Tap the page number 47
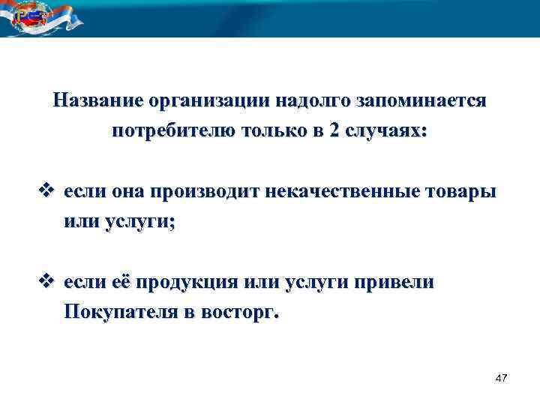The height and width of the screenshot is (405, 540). tap(502, 379)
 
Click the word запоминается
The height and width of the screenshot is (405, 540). tap(423, 100)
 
